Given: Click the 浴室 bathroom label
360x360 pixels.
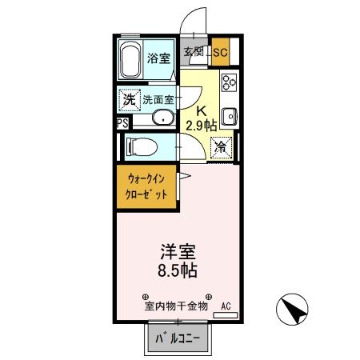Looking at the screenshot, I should tap(158, 58).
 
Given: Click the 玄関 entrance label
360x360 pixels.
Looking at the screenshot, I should tap(194, 53).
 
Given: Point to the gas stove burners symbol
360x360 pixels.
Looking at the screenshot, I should tap(229, 82).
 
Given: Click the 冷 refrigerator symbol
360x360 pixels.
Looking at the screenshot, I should tap(221, 147).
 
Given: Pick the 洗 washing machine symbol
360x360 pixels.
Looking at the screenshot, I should tap(129, 100).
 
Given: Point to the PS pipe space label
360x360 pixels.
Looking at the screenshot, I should tap(122, 123).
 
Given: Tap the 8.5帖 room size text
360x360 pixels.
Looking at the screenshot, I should tap(178, 270).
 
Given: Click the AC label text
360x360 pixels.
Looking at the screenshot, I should tap(226, 306).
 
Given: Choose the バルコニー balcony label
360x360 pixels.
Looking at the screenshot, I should tap(176, 339).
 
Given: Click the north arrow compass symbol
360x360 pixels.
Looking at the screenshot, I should tap(294, 306).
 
